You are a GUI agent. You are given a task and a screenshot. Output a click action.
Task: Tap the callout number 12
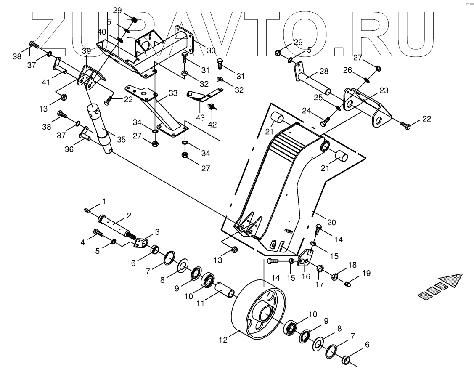click(223, 339)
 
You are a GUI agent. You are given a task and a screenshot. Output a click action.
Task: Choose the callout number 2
click(129, 215)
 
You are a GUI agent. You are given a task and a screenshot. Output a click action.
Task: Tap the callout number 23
click(384, 90)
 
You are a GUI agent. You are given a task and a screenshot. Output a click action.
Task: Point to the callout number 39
click(86, 51)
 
